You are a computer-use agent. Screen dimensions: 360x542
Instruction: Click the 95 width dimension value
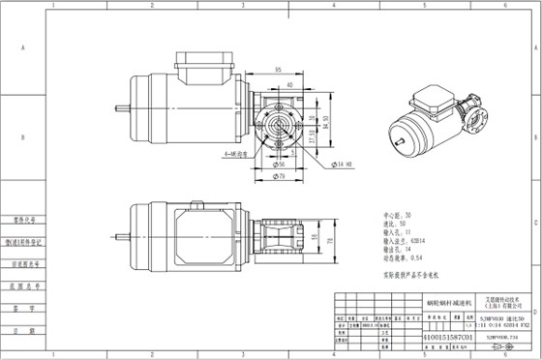pos(278,70)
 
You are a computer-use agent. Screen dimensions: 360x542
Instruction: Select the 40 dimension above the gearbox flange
pos(291,85)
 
